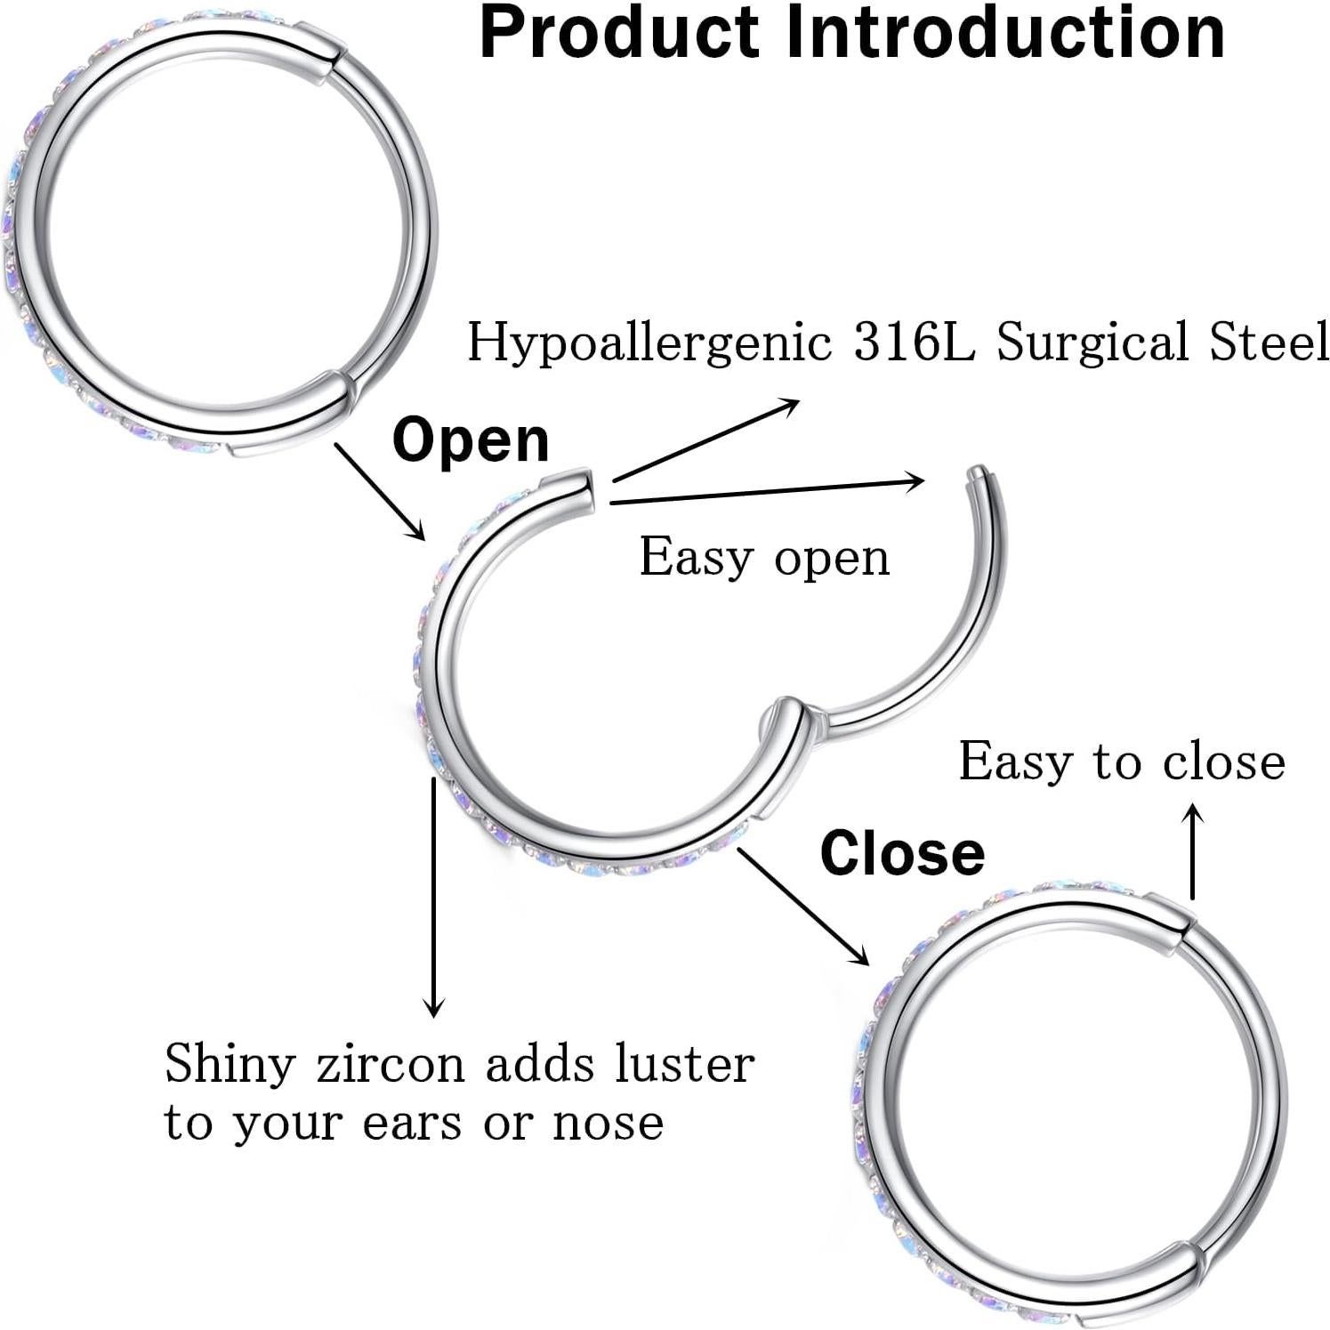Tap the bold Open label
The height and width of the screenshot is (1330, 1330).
point(471,439)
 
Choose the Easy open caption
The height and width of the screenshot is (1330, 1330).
point(764,559)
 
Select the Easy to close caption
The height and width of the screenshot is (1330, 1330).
point(1122,762)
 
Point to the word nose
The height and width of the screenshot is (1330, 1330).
point(608,1123)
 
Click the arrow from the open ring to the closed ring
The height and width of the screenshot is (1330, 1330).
point(802,906)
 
